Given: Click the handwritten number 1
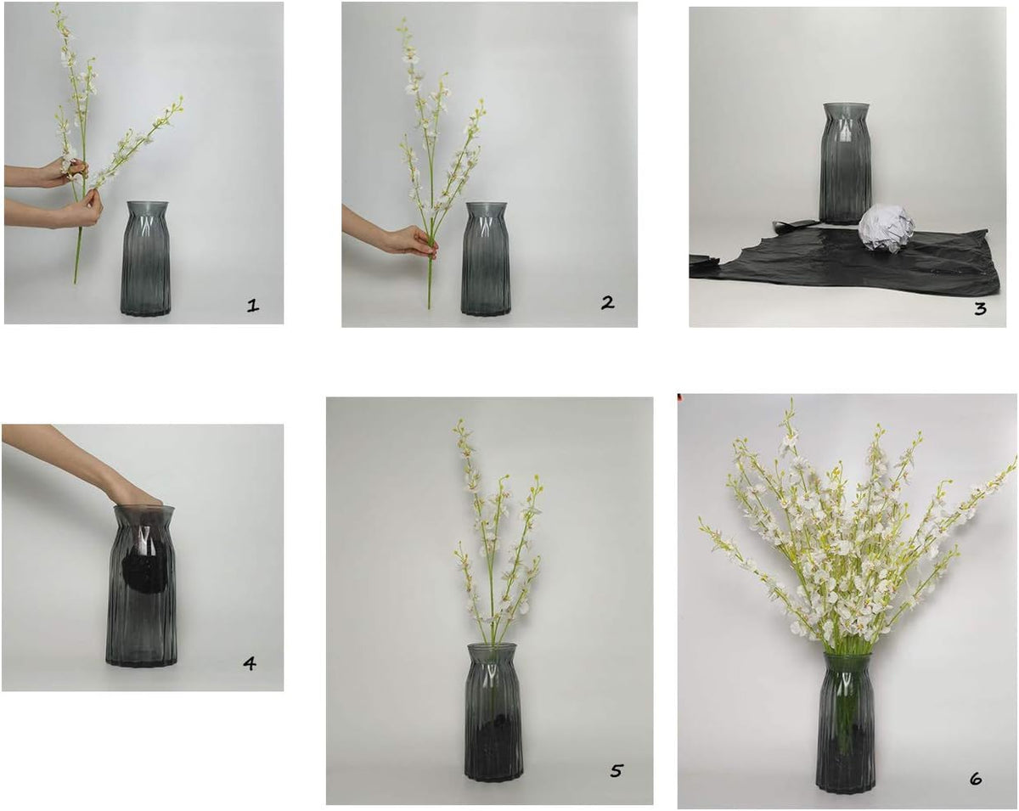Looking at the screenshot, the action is pyautogui.click(x=253, y=306).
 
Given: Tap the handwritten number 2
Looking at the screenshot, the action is pyautogui.click(x=607, y=302).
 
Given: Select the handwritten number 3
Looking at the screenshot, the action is pyautogui.click(x=980, y=308).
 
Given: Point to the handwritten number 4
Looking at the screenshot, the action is pyautogui.click(x=250, y=664).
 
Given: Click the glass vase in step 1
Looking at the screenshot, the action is pyautogui.click(x=146, y=258).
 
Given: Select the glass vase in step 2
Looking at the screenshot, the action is pyautogui.click(x=486, y=259).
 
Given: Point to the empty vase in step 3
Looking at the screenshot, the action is pyautogui.click(x=846, y=163).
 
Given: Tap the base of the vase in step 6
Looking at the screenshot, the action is pyautogui.click(x=846, y=783).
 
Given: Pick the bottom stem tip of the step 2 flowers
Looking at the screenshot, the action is pyautogui.click(x=430, y=308).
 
